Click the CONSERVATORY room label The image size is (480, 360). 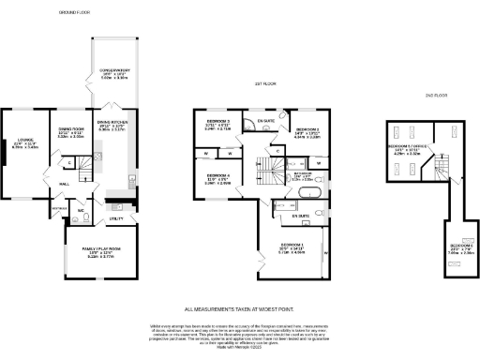point(113,71)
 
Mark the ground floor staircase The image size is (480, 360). point(83,170)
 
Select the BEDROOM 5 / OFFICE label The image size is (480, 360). point(405,149)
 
